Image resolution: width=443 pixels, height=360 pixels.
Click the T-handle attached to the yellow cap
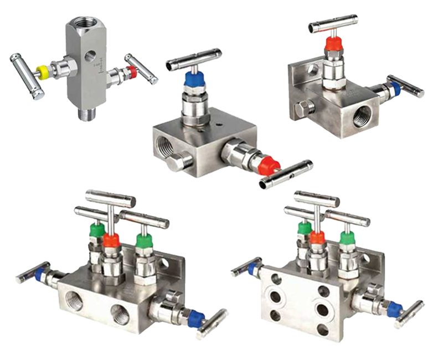coord(23,74)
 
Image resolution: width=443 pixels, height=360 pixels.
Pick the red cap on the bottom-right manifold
coord(317,238)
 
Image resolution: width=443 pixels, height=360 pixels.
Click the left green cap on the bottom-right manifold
coord(304,228)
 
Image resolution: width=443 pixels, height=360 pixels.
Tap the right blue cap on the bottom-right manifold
coord(394,311)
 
